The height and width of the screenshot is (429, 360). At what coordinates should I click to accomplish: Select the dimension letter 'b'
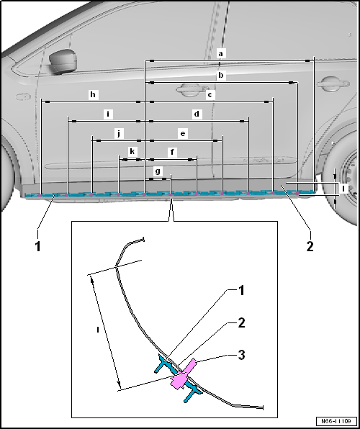221,75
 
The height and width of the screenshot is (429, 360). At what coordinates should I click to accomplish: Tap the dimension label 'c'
210,94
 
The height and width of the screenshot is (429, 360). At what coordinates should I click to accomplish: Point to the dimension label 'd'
197,114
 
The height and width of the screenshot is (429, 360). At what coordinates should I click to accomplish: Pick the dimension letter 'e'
183,133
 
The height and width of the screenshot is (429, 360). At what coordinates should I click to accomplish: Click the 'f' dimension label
171,152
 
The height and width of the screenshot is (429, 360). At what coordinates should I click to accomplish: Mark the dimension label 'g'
158,171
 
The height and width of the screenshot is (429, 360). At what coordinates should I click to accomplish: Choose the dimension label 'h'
92,94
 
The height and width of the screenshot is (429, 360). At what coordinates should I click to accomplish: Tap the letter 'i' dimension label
107,114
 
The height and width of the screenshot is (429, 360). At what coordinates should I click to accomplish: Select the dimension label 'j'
120,133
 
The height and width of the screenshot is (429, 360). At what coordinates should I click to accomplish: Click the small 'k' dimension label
132,152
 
